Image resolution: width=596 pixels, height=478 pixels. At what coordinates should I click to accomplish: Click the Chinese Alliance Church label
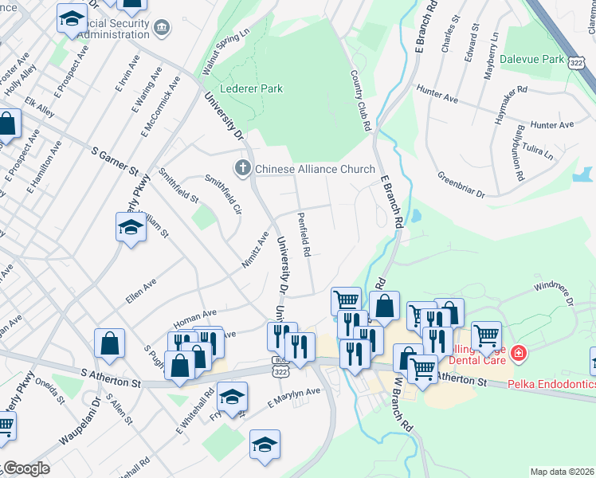tap(315, 169)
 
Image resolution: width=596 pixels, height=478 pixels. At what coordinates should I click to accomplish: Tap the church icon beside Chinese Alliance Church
tap(242, 169)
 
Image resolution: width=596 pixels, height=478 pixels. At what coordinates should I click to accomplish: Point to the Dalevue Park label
tap(531, 59)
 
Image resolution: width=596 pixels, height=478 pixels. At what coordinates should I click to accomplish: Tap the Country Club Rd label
tap(361, 100)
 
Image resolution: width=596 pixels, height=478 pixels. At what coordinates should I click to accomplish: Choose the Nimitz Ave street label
tap(255, 249)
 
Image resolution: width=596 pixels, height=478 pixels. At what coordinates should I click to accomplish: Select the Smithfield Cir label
tap(223, 194)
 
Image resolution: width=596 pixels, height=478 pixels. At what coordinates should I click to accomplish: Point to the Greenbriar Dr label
tap(461, 184)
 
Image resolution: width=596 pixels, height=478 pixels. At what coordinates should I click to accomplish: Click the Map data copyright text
tap(563, 472)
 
